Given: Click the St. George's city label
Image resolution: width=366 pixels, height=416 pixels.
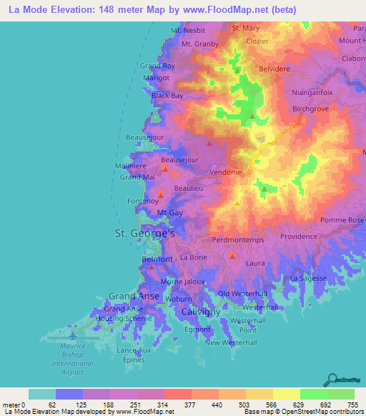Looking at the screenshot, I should pyautogui.click(x=145, y=234).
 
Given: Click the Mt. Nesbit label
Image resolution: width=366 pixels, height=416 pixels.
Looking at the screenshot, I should pyautogui.click(x=187, y=31).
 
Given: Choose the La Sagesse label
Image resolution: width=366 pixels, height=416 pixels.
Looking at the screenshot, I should pyautogui.click(x=309, y=277).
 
